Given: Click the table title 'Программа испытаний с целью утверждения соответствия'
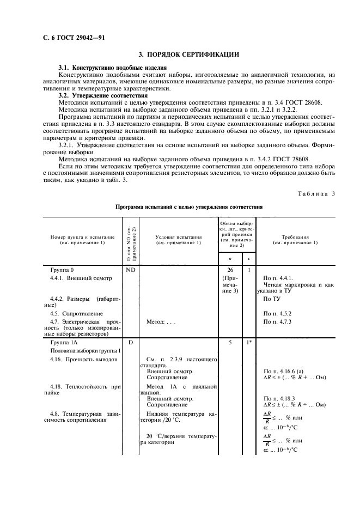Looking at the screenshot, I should pyautogui.click(x=189, y=207).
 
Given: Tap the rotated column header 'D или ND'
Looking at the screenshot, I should pyautogui.click(x=131, y=240).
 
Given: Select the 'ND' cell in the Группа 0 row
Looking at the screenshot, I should pyautogui.click(x=131, y=270).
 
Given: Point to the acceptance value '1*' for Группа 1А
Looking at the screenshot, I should pyautogui.click(x=248, y=343).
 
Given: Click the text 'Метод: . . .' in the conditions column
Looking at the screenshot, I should pyautogui.click(x=161, y=321).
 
